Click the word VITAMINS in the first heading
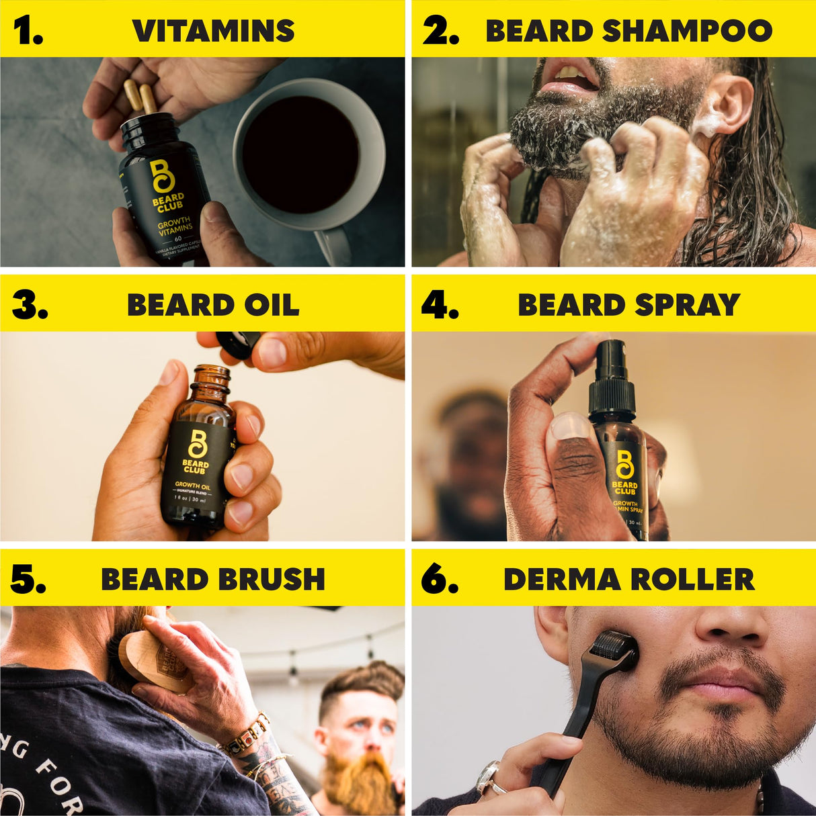pyautogui.click(x=213, y=31)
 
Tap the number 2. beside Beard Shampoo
pyautogui.click(x=440, y=31)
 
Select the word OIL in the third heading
pyautogui.click(x=272, y=305)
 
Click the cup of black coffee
pyautogui.click(x=300, y=154)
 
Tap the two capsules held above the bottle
pyautogui.click(x=140, y=97)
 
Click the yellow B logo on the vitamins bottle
pyautogui.click(x=162, y=176)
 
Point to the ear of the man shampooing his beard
pyautogui.click(x=729, y=107)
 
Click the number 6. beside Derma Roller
pyautogui.click(x=440, y=580)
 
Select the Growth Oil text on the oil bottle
pyautogui.click(x=192, y=484)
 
